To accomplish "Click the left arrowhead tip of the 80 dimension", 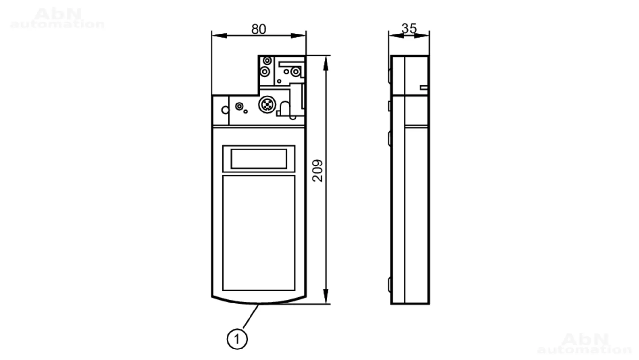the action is coord(212,35).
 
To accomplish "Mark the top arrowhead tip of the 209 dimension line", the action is coord(326,56).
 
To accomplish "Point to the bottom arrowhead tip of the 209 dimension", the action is coord(326,304).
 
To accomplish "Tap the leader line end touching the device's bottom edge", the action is coord(258,304).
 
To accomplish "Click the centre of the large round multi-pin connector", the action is coord(267,104).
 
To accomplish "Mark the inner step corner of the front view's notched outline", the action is coord(258,95).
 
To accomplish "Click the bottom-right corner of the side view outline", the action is coord(429,303).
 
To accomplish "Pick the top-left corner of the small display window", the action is coord(223,146).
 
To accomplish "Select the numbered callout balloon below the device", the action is coord(237,339).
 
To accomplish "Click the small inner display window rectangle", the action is coord(259,159).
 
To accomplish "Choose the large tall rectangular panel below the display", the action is coord(259,233).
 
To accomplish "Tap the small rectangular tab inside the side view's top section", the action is coord(424,88).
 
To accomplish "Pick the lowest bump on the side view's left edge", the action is coord(389,285).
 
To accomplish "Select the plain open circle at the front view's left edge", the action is coord(225,110).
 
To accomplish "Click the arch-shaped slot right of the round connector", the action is coord(285,109).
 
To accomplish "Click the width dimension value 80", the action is coord(258,29).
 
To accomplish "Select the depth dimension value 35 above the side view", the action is coord(409,28).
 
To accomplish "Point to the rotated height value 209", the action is coord(318,171).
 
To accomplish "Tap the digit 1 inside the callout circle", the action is coord(237,339).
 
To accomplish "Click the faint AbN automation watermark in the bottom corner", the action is coord(584,343).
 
